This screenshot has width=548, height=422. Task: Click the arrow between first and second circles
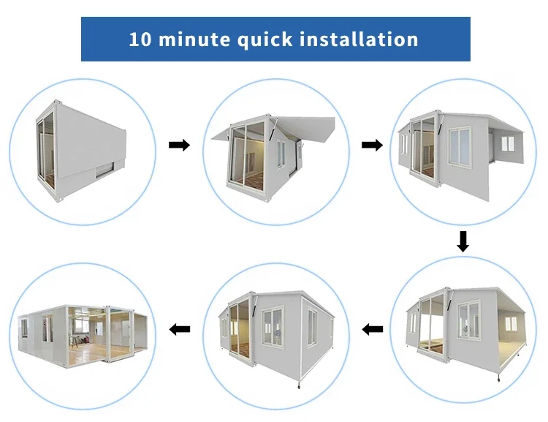tap(179, 146)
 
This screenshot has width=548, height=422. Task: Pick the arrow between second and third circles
tap(372, 146)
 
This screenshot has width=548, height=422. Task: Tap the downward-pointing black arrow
tap(463, 241)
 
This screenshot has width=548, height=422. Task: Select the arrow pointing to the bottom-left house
tap(179, 329)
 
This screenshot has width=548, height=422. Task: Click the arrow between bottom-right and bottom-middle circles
tap(373, 329)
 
